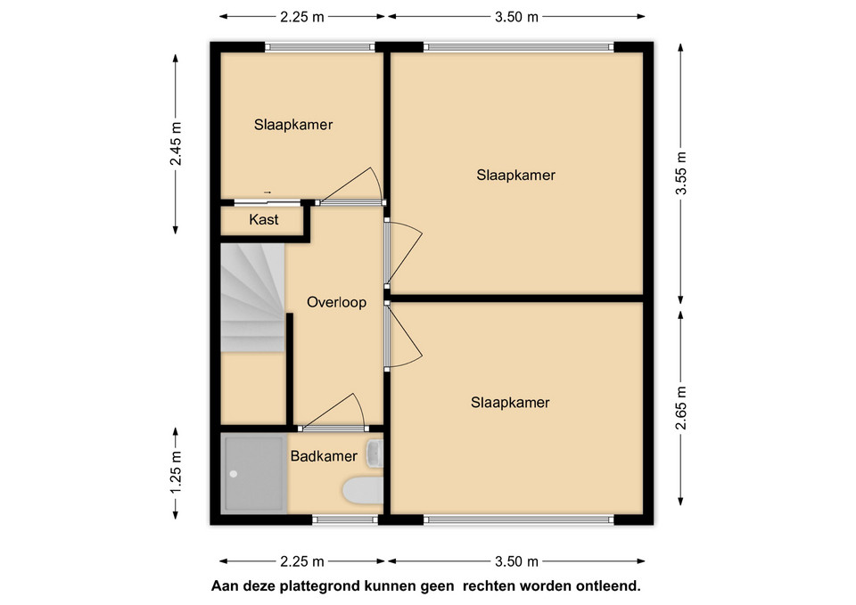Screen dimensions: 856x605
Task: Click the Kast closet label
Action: [264, 219]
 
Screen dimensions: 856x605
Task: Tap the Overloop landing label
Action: [336, 302]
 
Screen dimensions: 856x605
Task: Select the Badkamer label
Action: [324, 456]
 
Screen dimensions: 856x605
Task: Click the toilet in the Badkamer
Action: [363, 490]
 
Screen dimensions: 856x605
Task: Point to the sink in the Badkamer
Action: [375, 454]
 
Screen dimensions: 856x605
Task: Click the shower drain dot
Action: [234, 474]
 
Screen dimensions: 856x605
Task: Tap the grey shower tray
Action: [254, 473]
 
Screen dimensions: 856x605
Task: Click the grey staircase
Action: [252, 298]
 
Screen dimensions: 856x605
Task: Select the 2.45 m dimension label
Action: [176, 143]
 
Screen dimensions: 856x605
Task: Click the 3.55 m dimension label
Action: [680, 173]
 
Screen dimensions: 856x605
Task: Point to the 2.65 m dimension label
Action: [680, 408]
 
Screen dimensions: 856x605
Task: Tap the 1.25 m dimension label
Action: [176, 472]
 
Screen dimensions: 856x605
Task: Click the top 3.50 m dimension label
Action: [516, 17]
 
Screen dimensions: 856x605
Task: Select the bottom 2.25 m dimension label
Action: [302, 560]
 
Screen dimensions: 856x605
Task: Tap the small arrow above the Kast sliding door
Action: [267, 192]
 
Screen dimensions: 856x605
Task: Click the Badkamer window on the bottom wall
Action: [346, 519]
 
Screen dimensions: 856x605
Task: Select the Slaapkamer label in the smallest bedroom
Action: [293, 125]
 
